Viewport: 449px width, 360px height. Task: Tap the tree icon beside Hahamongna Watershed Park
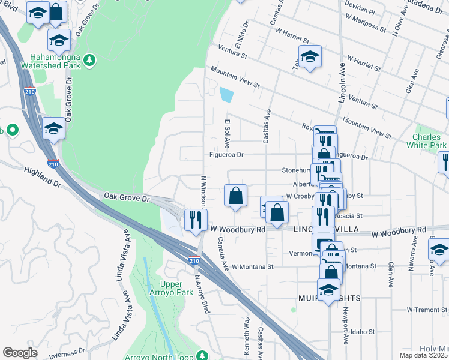[x=89, y=59]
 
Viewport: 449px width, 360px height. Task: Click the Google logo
[x=20, y=353]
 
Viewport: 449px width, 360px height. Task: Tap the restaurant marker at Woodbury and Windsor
[x=195, y=219]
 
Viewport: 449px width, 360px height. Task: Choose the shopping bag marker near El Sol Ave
[x=235, y=195]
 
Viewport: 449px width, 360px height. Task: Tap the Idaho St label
[x=363, y=331]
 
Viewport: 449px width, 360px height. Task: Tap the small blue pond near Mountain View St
[x=226, y=95]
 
